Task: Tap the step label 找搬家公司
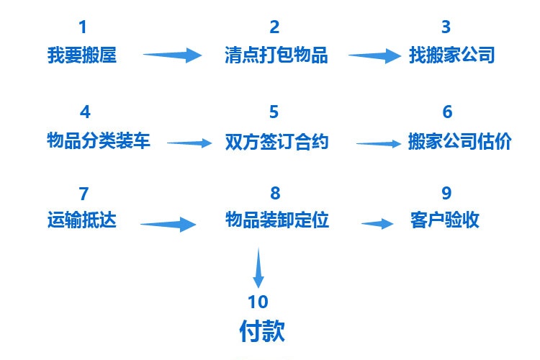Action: coord(451,55)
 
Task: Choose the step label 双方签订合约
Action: coord(276,141)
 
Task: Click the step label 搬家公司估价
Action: coord(459,140)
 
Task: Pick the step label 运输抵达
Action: coord(81,220)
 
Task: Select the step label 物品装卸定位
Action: coord(276,220)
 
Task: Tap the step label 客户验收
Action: coord(444,220)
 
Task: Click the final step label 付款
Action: coord(262,330)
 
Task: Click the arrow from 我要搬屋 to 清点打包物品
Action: coord(173,54)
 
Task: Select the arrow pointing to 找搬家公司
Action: coord(375,56)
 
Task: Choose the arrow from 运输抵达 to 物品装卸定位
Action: coord(168,225)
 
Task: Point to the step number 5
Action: coord(274,112)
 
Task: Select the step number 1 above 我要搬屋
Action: coord(82,28)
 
